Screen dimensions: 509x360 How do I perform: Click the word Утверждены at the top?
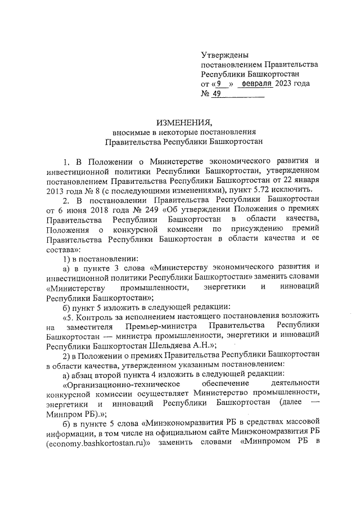click(225, 55)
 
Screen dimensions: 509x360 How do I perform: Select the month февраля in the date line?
click(256, 84)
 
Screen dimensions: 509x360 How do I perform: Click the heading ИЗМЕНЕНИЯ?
click(183, 121)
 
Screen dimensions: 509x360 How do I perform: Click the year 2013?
click(57, 191)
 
